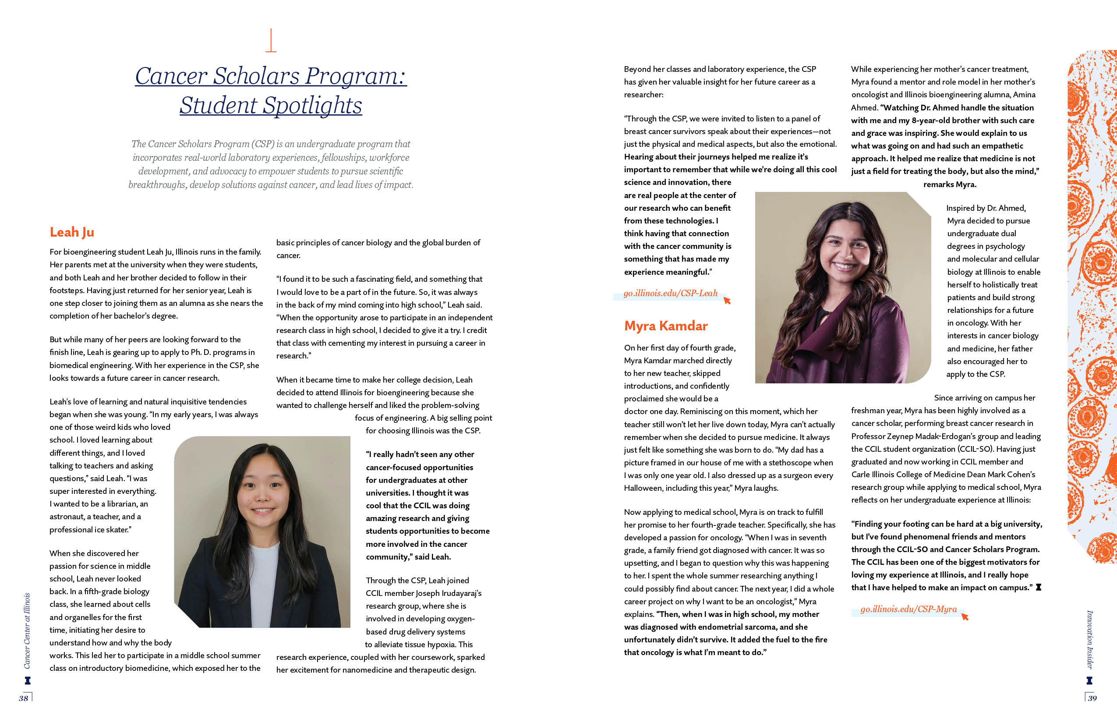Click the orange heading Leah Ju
click(72, 232)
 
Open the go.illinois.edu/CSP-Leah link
click(670, 294)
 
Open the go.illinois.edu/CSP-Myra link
click(908, 609)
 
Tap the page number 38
click(24, 698)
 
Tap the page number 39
click(1092, 698)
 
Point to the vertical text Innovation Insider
click(1090, 639)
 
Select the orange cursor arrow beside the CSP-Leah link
click(727, 301)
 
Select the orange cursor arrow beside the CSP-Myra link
click(965, 617)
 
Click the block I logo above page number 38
click(28, 680)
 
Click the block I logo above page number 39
click(1089, 680)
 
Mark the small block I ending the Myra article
click(1039, 587)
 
